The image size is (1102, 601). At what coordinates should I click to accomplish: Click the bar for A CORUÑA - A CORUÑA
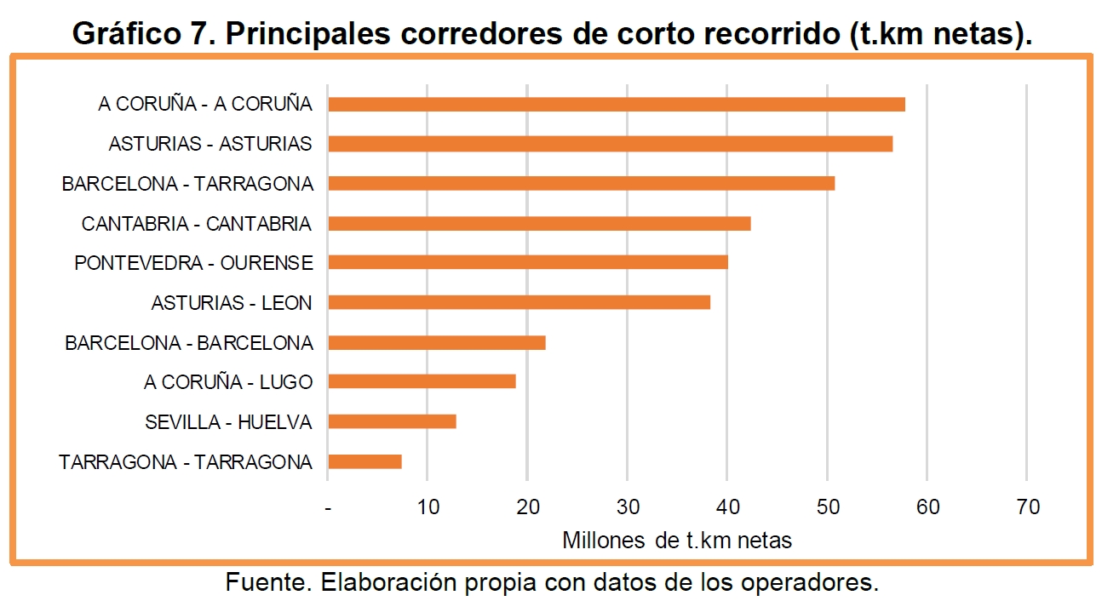[616, 105]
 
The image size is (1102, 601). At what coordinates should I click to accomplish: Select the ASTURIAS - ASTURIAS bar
[610, 144]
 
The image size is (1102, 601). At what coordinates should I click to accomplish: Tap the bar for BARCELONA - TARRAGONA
[581, 183]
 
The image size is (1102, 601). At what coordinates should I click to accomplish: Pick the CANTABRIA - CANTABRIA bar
[539, 223]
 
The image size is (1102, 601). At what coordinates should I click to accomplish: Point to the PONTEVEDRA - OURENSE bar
[527, 262]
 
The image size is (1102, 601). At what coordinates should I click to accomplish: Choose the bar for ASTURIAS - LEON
[519, 302]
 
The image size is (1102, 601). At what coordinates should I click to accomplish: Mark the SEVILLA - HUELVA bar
[392, 421]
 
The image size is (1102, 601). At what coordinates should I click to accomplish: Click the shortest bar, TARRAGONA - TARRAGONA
[364, 461]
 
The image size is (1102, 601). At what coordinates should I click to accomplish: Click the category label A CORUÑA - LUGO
[228, 382]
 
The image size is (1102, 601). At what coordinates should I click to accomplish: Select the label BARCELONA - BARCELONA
[189, 343]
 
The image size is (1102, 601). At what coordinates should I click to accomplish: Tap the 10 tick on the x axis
[428, 507]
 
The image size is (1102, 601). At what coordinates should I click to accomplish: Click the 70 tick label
[1028, 507]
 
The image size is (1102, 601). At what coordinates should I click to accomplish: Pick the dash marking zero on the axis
[328, 508]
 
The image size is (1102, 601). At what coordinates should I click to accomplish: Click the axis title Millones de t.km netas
[677, 540]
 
